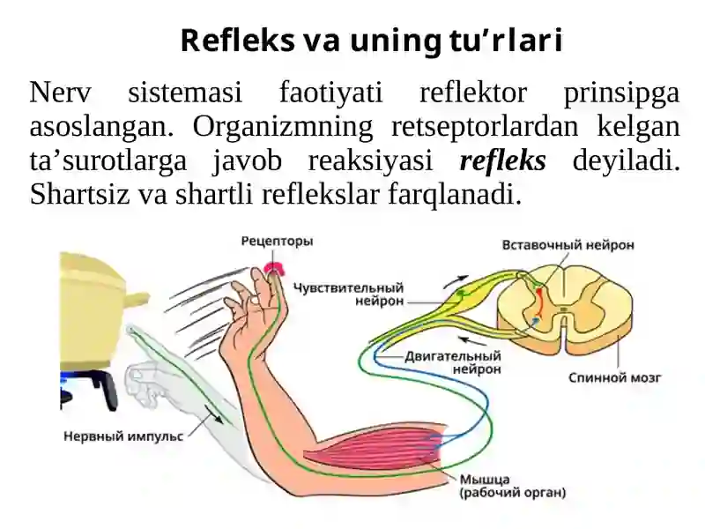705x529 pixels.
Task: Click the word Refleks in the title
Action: point(237,41)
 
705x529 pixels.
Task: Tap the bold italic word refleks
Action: point(502,160)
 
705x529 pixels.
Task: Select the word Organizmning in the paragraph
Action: point(283,127)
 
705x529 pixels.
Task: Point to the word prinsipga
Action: point(621,93)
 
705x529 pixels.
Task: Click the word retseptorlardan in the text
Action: point(485,127)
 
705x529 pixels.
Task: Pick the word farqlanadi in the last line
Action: point(454,194)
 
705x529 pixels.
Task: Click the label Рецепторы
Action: point(277,242)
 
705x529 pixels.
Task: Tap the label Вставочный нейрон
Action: point(568,245)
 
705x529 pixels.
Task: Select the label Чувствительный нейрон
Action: point(348,294)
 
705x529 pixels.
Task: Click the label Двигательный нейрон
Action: point(453,362)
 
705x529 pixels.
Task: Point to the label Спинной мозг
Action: point(614,377)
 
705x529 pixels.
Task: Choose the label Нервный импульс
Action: point(123,436)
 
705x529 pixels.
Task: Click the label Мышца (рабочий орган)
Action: point(512,487)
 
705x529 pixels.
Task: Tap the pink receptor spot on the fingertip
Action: point(274,268)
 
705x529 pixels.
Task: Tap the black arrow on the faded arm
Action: point(213,414)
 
